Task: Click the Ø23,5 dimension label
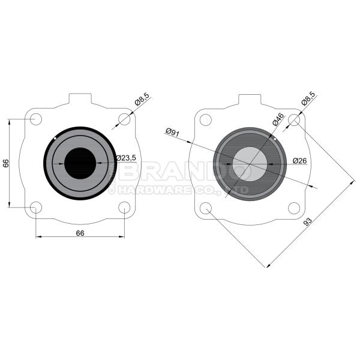click(127, 158)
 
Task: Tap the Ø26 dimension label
click(300, 160)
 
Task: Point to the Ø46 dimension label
click(277, 119)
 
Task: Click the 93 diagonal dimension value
click(307, 222)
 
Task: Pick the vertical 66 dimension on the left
click(6, 163)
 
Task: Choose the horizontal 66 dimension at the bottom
click(80, 233)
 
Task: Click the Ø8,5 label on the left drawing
click(142, 100)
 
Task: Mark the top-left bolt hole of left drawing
click(35, 119)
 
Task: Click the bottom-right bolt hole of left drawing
click(124, 208)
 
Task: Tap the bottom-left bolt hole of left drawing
click(35, 208)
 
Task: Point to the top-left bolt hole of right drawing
click(205, 119)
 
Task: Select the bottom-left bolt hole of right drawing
click(205, 208)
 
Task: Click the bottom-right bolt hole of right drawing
click(294, 208)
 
